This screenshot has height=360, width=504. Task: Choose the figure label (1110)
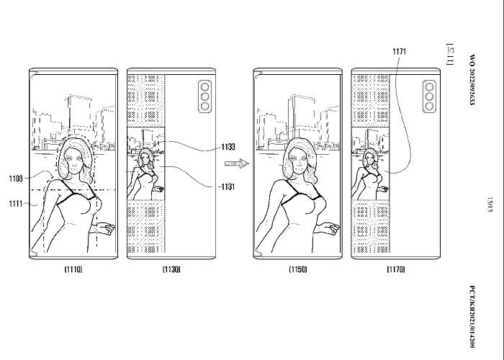(73, 269)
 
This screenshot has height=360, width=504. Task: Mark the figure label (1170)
(395, 269)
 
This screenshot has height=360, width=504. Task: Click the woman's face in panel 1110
(74, 158)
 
